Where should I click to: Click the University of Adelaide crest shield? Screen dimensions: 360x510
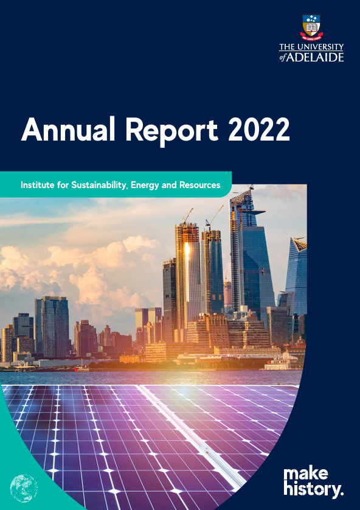(x=311, y=26)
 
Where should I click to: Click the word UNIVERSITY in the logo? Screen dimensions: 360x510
(x=320, y=47)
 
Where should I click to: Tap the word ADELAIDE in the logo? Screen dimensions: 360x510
(x=315, y=57)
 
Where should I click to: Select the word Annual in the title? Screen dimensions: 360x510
(x=68, y=129)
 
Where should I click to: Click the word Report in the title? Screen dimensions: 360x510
(x=171, y=130)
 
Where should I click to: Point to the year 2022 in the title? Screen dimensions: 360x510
(x=258, y=129)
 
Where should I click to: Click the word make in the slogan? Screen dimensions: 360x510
(x=305, y=475)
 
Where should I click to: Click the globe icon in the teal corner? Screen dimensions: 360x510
(x=24, y=488)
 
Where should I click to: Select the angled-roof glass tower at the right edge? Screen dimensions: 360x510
(x=296, y=276)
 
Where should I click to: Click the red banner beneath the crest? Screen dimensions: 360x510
(x=311, y=36)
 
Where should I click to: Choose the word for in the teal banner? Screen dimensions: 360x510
(x=61, y=185)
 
